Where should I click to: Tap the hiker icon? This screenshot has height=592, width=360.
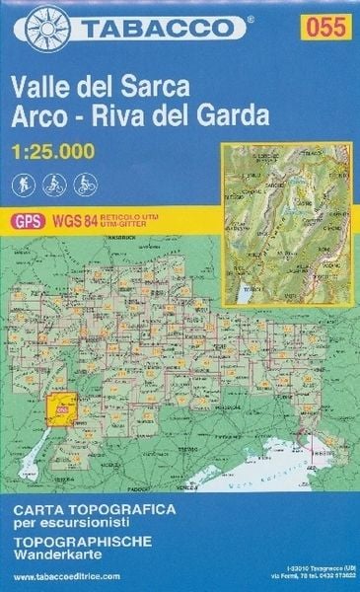(24, 184)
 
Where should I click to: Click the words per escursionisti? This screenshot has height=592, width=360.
(65, 524)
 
